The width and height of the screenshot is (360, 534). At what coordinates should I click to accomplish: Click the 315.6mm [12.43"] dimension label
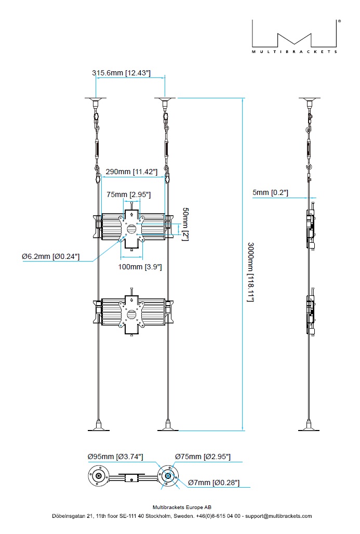click(121, 73)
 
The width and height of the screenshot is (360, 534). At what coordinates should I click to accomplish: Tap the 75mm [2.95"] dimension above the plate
click(128, 194)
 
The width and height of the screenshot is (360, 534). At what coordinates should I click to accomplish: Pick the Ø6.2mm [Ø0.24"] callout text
click(50, 256)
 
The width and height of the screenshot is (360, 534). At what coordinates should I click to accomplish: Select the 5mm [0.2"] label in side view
click(270, 193)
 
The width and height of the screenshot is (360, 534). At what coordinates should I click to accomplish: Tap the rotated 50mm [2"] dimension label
click(185, 224)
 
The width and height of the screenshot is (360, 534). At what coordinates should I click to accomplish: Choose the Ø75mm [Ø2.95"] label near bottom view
click(202, 457)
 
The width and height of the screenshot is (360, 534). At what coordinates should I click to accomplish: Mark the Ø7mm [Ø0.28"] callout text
click(214, 483)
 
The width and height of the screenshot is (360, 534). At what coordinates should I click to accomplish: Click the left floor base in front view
click(98, 426)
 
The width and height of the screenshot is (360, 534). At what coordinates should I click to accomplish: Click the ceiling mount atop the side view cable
click(310, 99)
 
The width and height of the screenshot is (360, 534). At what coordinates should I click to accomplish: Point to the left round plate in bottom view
click(98, 476)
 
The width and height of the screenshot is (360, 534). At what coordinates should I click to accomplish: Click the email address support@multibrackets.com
click(278, 516)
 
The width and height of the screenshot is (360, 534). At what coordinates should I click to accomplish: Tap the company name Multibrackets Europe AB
click(182, 507)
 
